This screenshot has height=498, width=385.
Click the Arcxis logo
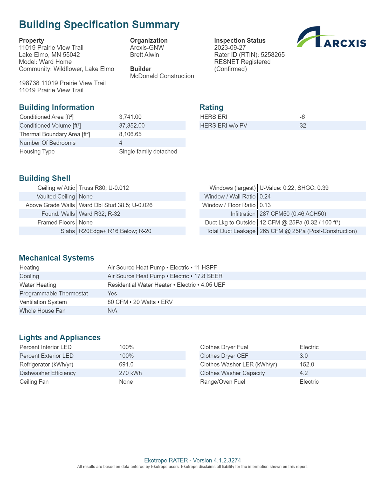[x=331, y=37]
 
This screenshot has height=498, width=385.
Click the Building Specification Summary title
[x=99, y=25]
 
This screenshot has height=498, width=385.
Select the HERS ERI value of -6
[x=302, y=117]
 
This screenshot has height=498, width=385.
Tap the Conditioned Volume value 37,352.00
[x=132, y=126]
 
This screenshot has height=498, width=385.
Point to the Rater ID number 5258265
[x=273, y=55]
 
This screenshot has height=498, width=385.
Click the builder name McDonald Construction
[x=162, y=76]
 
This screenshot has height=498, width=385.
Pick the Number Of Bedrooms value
[x=121, y=143]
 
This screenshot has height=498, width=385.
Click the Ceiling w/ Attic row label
[x=56, y=188]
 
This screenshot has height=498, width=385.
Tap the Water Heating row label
[x=38, y=285]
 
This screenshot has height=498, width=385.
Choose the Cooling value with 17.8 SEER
[x=165, y=276]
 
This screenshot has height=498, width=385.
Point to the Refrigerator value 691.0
[x=126, y=364]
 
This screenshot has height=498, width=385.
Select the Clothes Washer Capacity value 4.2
[x=304, y=373]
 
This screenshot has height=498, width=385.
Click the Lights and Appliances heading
[x=60, y=337]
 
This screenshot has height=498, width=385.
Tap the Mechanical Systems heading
[x=57, y=258]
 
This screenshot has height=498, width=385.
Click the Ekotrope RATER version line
[x=192, y=460]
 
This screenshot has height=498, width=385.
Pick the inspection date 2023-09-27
[x=230, y=48]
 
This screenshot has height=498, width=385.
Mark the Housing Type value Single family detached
[x=148, y=151]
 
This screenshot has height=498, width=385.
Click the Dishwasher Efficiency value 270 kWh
[x=130, y=373]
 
